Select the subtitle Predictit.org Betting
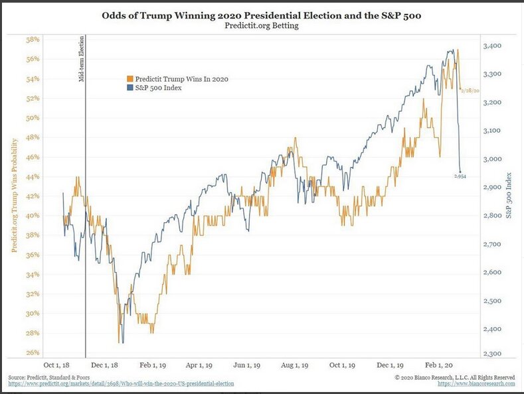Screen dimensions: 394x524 (262, 27)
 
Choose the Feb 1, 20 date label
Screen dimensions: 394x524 (440, 365)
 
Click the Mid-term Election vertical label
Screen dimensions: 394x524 (80, 60)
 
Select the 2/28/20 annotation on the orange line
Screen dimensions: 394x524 (470, 89)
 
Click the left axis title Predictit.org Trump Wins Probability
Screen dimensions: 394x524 (15, 196)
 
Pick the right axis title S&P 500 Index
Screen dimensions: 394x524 (509, 196)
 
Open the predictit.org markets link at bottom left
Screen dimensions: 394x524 (122, 383)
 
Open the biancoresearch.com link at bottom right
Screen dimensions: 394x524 (476, 383)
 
